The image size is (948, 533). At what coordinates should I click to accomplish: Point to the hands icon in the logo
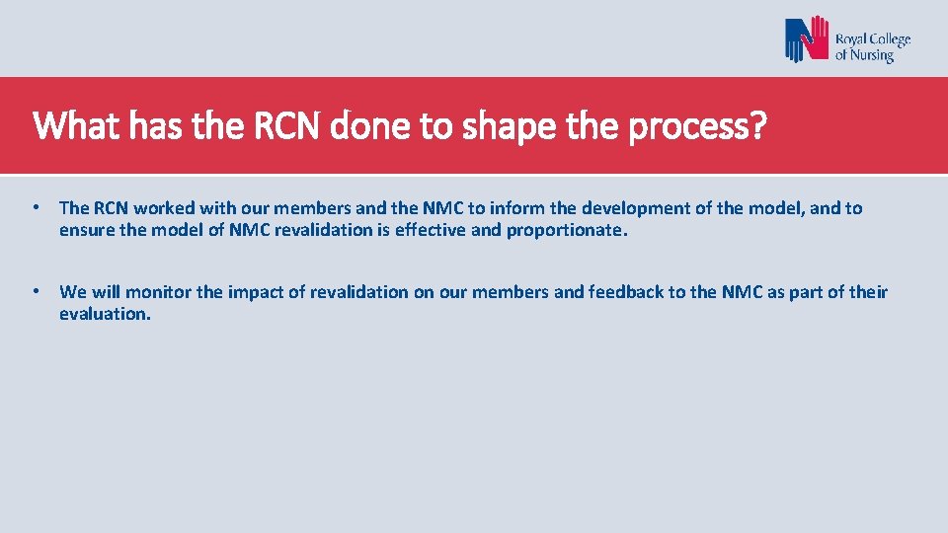[x=807, y=40]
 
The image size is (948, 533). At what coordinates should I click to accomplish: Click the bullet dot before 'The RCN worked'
[x=35, y=207]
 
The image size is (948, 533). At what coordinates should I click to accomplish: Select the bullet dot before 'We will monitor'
[x=35, y=291]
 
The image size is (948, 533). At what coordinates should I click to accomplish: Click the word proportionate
[x=567, y=231]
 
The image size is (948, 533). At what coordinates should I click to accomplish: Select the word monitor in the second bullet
[x=157, y=292]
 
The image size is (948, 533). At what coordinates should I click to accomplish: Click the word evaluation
[x=105, y=314]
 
